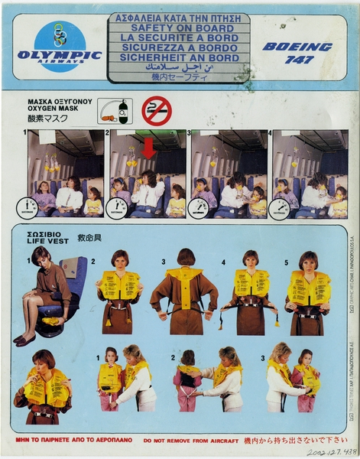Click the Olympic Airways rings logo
point(60,35)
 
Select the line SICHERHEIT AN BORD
point(179,57)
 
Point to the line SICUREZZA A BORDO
point(179,47)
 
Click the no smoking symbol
point(157,111)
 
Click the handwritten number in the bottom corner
point(329,453)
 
